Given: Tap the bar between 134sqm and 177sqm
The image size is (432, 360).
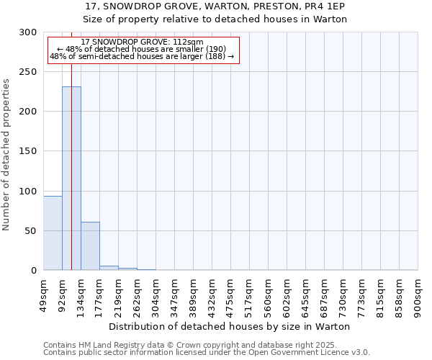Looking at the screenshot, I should coord(90,246).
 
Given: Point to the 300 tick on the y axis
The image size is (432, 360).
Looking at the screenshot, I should coord(29,32).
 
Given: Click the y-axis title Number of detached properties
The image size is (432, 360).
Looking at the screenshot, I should coord(6,155).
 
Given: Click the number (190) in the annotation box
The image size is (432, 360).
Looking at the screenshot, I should coord(214,49).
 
